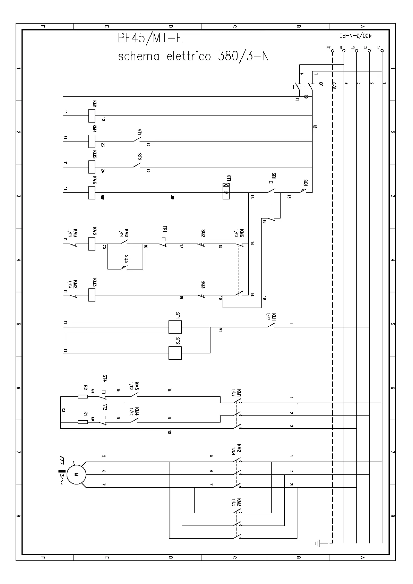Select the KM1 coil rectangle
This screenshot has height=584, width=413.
coord(92,116)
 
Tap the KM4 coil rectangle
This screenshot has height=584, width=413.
coord(92,141)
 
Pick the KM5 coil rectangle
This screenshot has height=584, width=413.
coord(92,167)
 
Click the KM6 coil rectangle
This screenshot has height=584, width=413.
coord(92,192)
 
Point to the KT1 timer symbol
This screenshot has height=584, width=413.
coord(226,191)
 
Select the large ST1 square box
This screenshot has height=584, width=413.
coord(175,327)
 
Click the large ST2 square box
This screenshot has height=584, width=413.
coord(175,353)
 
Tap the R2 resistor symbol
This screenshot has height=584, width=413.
coord(83,396)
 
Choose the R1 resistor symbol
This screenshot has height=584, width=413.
coord(83,422)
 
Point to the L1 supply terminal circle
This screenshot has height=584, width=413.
coord(382,51)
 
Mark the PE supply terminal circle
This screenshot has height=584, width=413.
coord(332,51)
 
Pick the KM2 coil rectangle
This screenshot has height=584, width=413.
coord(92,243)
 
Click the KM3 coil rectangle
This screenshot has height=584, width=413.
coord(92,295)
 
